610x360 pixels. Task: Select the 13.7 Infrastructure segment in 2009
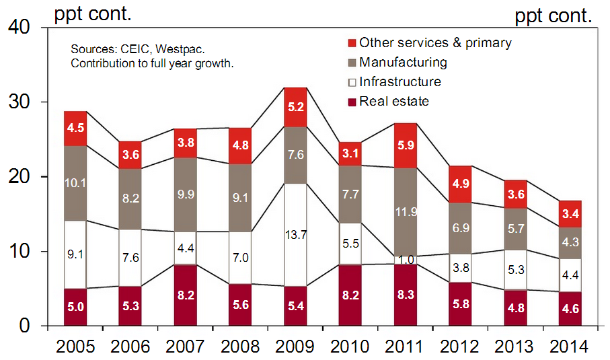pos(296,235)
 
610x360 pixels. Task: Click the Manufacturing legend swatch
pos(351,63)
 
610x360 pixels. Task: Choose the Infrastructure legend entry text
pos(400,82)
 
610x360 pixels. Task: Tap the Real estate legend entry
pos(394,102)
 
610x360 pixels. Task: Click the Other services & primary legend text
pos(435,43)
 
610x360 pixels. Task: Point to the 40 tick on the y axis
pos(20,28)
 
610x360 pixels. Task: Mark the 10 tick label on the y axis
pos(20,252)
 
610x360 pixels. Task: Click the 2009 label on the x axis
pos(296,347)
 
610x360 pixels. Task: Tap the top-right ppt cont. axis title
pos(553,16)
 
